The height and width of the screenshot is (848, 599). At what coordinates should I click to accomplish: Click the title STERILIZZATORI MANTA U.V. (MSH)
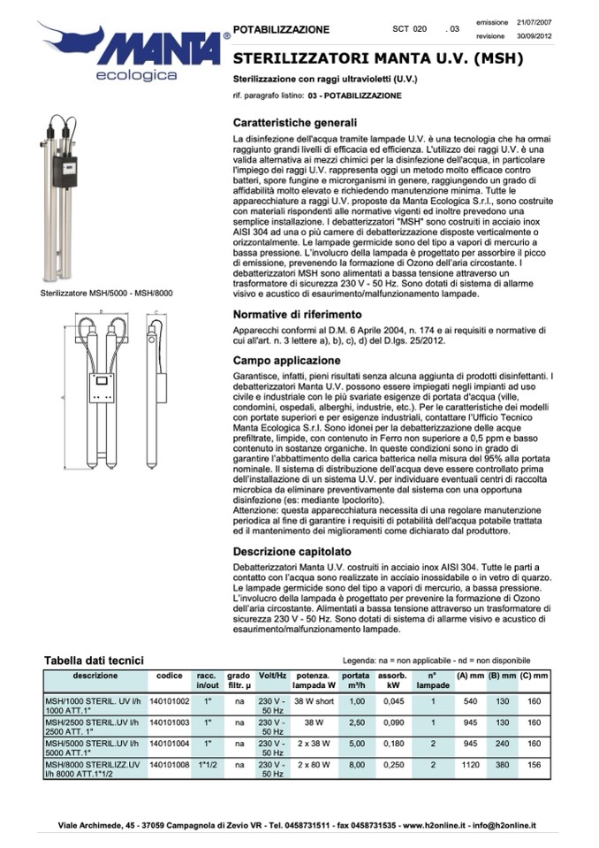379,59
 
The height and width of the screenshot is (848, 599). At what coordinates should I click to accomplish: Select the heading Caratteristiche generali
295,123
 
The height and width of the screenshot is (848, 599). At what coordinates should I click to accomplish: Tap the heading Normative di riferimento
298,314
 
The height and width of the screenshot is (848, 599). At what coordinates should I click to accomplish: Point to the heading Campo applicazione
286,361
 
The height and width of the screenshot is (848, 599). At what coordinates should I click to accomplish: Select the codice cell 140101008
170,765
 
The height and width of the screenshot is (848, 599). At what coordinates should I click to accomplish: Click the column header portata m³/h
356,680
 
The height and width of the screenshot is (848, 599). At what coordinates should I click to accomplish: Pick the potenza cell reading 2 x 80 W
312,765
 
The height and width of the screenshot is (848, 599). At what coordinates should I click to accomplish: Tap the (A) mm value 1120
470,765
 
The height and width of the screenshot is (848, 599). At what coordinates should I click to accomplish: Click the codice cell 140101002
170,700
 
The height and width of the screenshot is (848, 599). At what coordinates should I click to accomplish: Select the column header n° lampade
433,680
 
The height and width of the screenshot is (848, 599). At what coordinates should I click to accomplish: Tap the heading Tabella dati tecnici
95,660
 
